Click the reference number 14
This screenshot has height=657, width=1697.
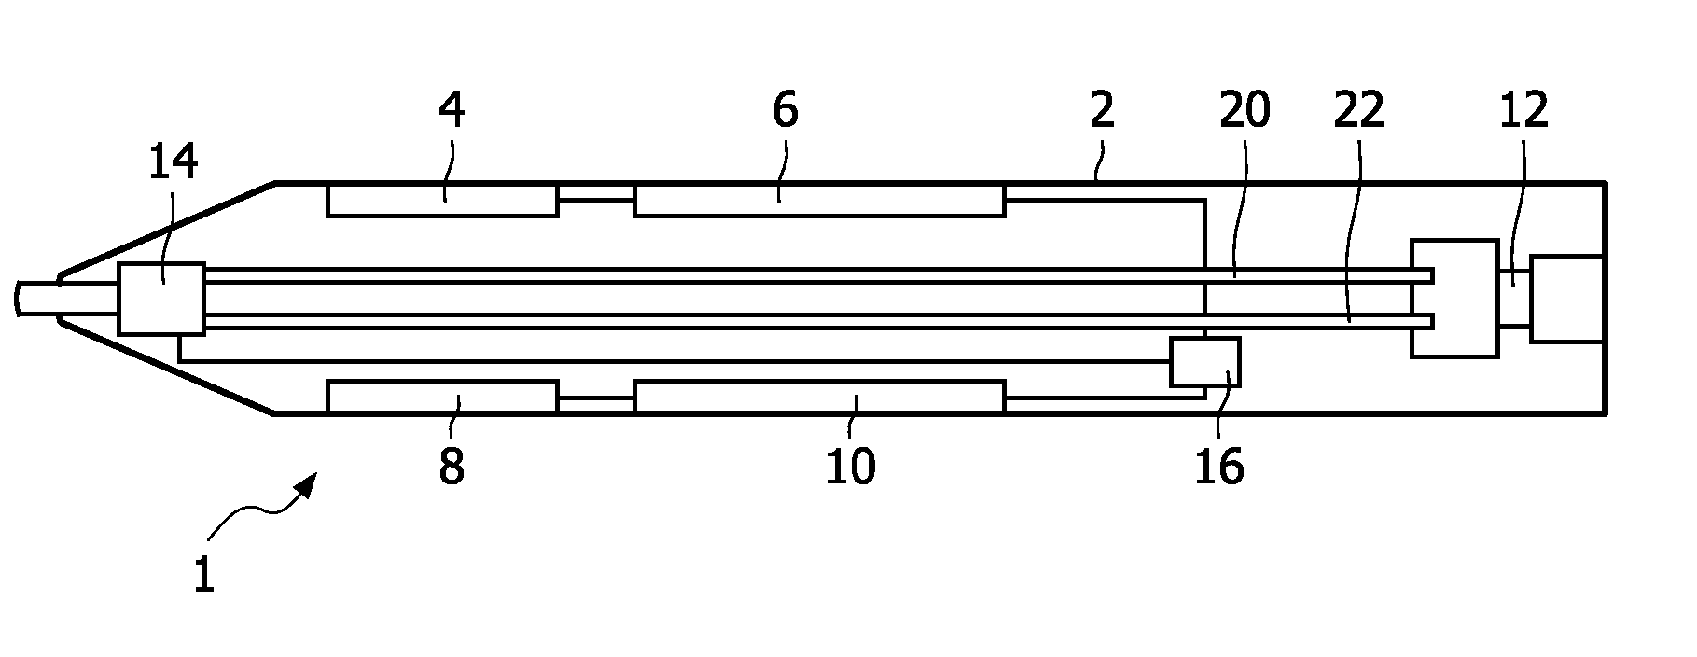pyautogui.click(x=174, y=162)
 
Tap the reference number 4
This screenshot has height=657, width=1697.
pyautogui.click(x=452, y=111)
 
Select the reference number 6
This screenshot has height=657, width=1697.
pyautogui.click(x=786, y=111)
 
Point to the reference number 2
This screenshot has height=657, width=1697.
pyautogui.click(x=1102, y=111)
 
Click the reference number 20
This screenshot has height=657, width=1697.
pyautogui.click(x=1245, y=111)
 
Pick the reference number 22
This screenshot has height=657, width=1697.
pyautogui.click(x=1358, y=111)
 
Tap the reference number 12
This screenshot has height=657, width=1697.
pyautogui.click(x=1524, y=111)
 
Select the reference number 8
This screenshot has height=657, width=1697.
pyautogui.click(x=452, y=466)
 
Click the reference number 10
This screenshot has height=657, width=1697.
pyautogui.click(x=851, y=466)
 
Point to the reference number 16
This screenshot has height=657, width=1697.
pyautogui.click(x=1219, y=466)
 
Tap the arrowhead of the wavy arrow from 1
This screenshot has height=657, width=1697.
pyautogui.click(x=308, y=484)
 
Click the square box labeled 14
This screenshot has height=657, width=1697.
pyautogui.click(x=161, y=299)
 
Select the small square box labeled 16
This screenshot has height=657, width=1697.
pyautogui.click(x=1205, y=362)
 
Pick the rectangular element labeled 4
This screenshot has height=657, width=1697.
pyautogui.click(x=442, y=201)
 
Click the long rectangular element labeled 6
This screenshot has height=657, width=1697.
pyautogui.click(x=819, y=201)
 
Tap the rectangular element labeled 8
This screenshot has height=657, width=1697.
pyautogui.click(x=442, y=397)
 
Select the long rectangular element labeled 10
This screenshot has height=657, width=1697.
pyautogui.click(x=819, y=397)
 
